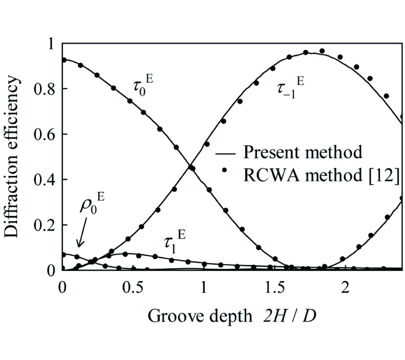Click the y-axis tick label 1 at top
coord(50,44)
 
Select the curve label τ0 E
coord(144,85)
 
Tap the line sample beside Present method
coord(225,153)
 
